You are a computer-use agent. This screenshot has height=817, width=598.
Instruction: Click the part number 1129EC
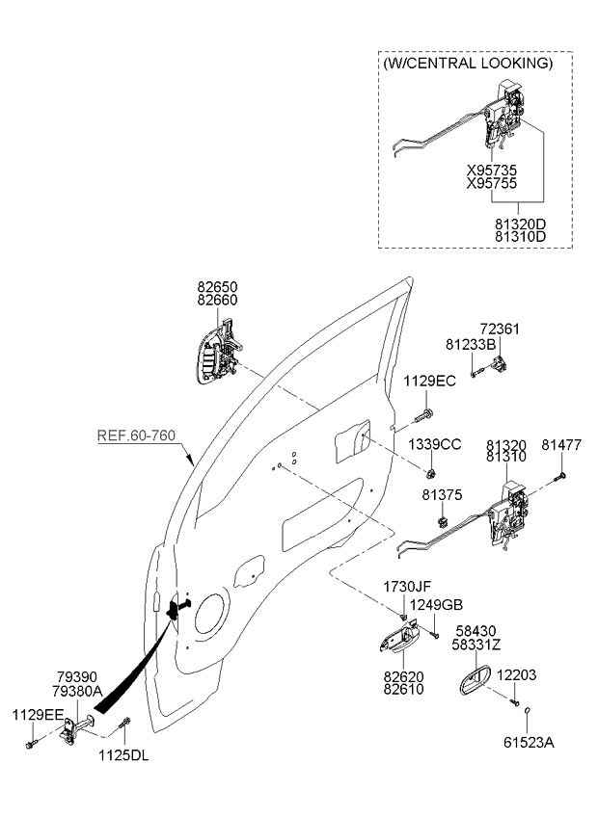tap(429, 381)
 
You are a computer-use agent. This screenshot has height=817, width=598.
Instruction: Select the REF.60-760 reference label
tap(136, 435)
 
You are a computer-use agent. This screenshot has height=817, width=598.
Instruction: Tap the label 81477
tap(561, 445)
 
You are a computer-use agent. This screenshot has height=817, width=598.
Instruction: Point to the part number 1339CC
tap(434, 444)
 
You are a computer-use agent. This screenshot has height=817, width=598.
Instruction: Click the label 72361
tap(500, 329)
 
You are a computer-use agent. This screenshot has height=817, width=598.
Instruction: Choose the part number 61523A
tap(529, 743)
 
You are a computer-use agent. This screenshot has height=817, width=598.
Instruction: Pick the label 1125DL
tap(123, 755)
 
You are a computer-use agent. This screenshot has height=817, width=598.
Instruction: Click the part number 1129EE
tap(38, 715)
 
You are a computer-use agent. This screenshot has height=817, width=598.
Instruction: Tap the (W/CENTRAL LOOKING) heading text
tap(468, 64)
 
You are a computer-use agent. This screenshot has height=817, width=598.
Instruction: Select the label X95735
tap(492, 171)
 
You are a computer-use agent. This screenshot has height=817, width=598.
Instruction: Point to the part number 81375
tap(442, 495)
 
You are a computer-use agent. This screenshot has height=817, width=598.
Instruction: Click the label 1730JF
tap(407, 587)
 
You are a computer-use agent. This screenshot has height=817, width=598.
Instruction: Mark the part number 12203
tap(516, 675)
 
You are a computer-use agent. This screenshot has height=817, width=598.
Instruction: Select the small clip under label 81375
tap(443, 521)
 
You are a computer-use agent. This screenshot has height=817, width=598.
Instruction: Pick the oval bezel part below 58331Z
tap(475, 679)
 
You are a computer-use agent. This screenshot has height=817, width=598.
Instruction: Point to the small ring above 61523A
tap(527, 710)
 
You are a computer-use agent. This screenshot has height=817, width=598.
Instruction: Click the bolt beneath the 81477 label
tap(561, 475)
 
